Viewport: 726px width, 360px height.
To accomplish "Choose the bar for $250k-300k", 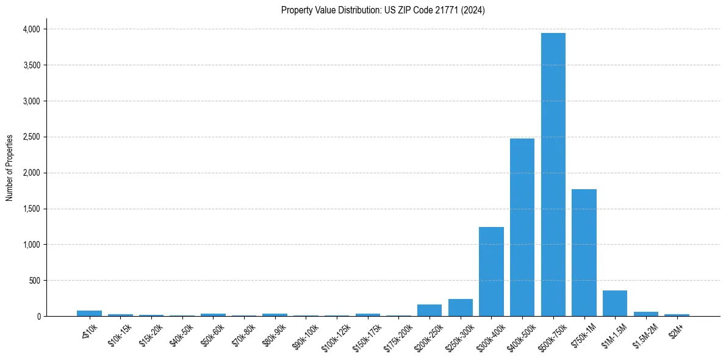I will click(460, 308).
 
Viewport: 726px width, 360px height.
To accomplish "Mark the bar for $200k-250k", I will click(429, 310).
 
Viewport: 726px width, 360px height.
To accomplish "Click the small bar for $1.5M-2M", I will click(645, 314).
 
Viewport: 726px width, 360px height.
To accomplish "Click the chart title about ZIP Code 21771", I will click(383, 10).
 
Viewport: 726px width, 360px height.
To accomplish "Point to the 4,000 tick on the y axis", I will click(31, 29).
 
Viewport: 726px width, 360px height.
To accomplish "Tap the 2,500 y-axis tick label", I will click(31, 137).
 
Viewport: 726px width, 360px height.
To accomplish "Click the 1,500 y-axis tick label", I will click(31, 209).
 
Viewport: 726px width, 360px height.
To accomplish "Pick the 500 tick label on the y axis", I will click(34, 281).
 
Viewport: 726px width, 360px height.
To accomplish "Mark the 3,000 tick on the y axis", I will click(31, 101).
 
